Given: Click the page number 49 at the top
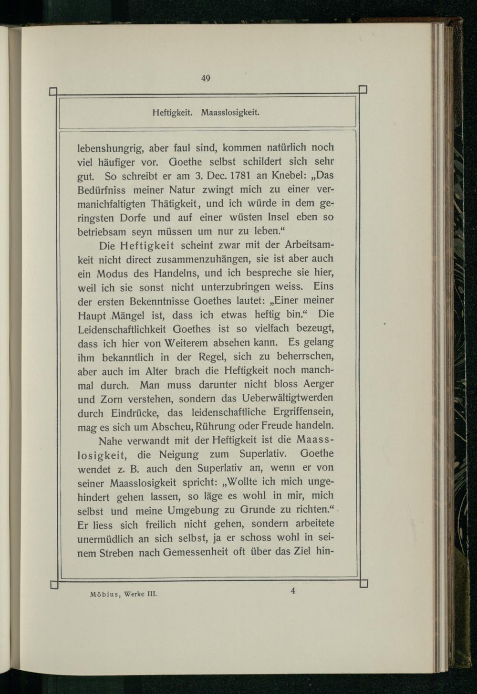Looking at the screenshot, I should coord(206,79).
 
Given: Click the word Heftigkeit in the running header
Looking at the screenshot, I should coord(172,113).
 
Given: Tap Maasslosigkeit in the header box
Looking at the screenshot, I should coord(230,113).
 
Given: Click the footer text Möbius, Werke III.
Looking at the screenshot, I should coord(123,595).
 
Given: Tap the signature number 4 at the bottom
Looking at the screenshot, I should coord(292,591).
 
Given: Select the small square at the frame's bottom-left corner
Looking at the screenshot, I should coord(53,584).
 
